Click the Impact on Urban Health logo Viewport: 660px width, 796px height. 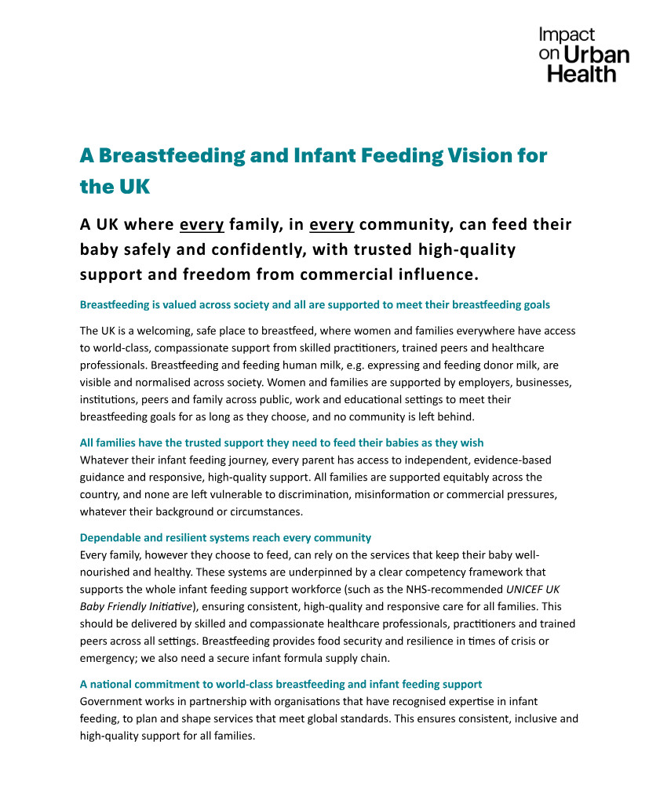(583, 54)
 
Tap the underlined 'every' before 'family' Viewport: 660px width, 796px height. (202, 225)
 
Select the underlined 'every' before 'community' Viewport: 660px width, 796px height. (332, 225)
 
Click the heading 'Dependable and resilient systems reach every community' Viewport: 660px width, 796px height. (225, 538)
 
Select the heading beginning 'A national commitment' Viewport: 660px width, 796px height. (281, 685)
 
